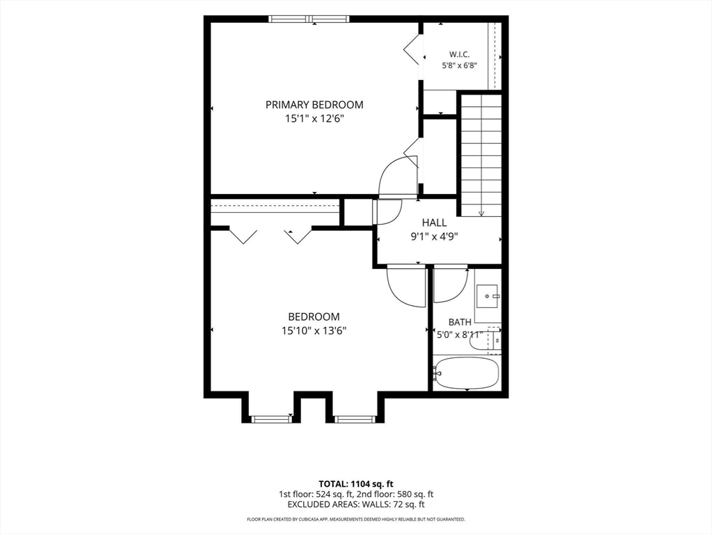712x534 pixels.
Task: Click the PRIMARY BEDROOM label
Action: coord(314,105)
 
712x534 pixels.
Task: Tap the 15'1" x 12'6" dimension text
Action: coord(314,119)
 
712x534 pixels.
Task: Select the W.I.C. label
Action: coord(460,54)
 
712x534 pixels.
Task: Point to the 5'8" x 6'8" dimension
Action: coord(460,65)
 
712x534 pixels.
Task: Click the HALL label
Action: coord(435,222)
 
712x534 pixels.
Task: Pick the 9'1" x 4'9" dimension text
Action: coord(435,236)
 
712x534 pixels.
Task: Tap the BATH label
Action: coord(460,322)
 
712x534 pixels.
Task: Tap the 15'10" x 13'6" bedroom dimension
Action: coord(314,331)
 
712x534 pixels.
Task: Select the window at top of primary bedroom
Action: coord(309,19)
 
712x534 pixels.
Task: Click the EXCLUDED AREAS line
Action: coord(356,505)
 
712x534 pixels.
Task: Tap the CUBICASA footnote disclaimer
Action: coord(356,519)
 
